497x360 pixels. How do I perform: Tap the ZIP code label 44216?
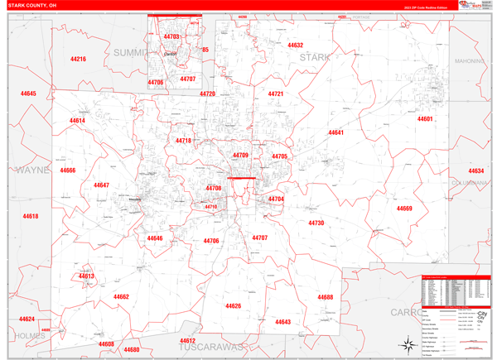[79, 60]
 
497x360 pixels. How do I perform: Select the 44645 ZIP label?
[28, 94]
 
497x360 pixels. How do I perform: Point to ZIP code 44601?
[425, 119]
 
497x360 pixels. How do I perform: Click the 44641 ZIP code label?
[335, 132]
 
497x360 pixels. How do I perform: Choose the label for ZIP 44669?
[404, 209]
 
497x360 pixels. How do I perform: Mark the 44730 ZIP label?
[316, 223]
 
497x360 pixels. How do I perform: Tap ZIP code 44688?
[325, 297]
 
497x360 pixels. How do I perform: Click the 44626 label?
[233, 306]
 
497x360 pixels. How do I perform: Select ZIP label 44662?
[121, 297]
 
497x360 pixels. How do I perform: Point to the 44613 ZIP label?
[87, 276]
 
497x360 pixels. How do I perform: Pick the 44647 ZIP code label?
[101, 185]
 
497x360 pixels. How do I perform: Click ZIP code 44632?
[295, 46]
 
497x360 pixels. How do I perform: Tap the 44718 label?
[183, 141]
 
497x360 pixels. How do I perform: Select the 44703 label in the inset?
[171, 37]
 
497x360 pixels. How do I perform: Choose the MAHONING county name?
[473, 61]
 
